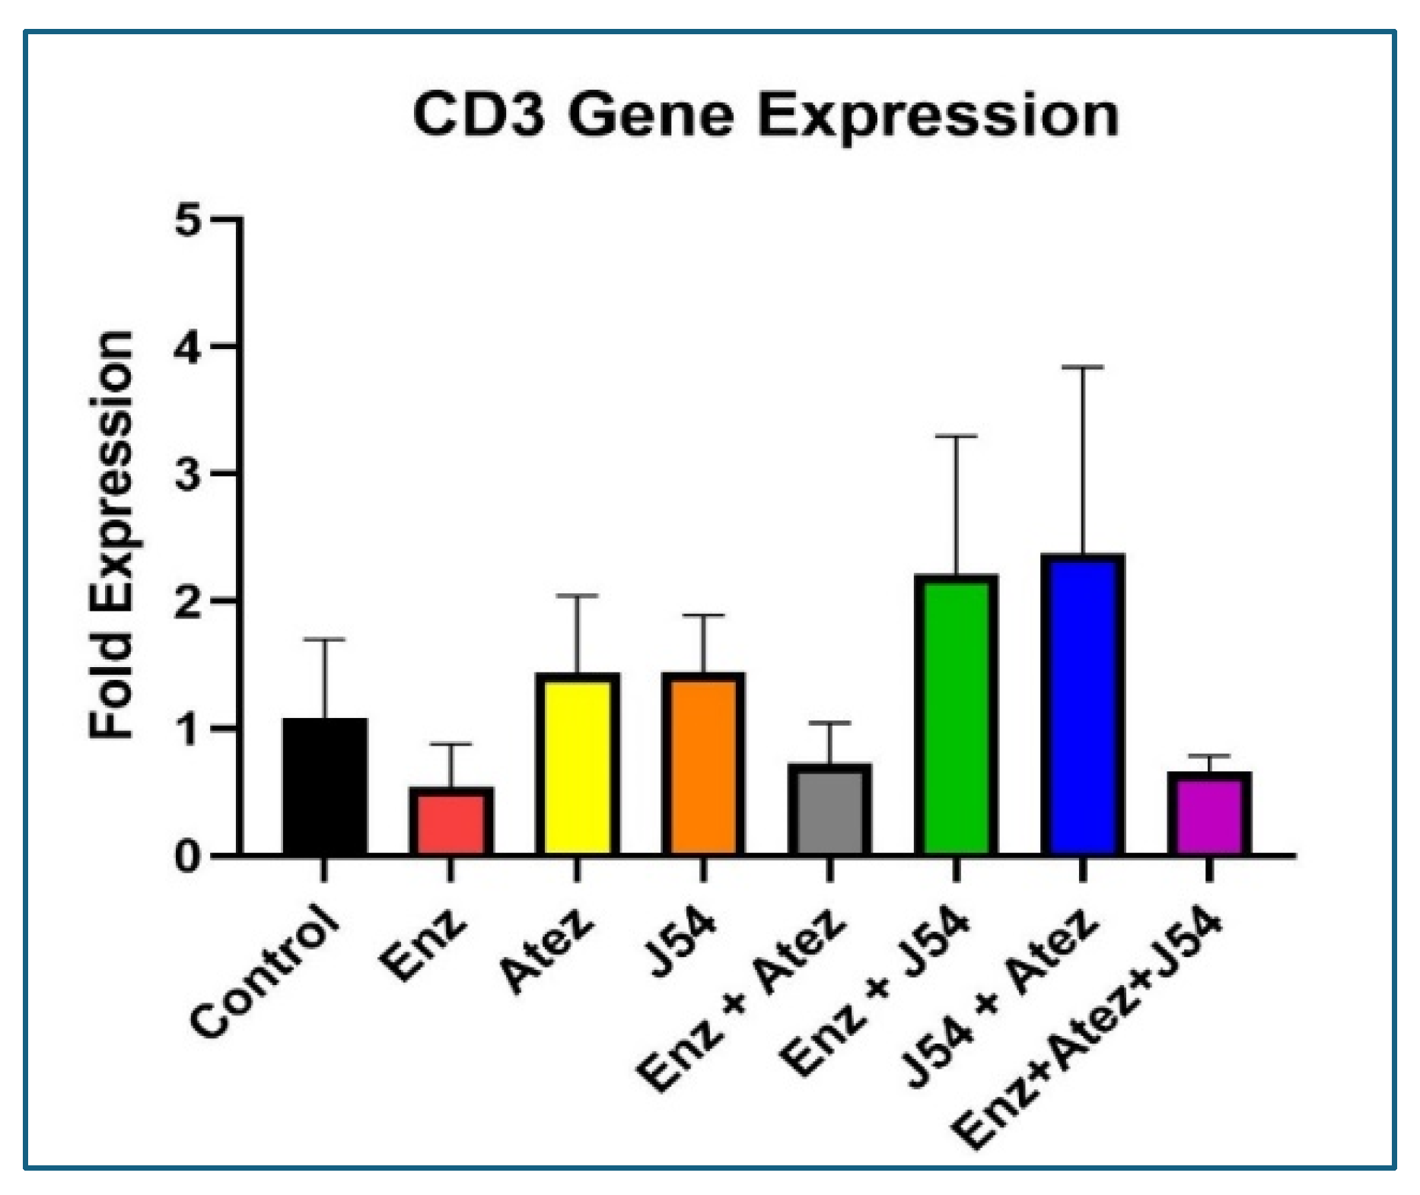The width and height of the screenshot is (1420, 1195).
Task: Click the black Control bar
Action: click(x=325, y=787)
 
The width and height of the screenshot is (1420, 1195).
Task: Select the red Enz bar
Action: click(x=451, y=822)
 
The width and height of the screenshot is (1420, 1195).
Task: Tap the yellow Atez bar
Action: click(x=578, y=764)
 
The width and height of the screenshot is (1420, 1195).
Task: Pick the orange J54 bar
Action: click(x=703, y=764)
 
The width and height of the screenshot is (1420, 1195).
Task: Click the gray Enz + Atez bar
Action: click(x=829, y=810)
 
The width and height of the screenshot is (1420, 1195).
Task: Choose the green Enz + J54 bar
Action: click(x=956, y=715)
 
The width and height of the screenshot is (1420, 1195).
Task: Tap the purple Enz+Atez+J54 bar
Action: click(x=1208, y=814)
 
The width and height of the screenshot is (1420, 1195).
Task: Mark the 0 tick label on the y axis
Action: click(x=187, y=857)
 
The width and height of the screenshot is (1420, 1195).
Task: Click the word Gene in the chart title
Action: click(x=651, y=116)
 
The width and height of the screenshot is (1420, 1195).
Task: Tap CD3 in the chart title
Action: click(x=479, y=116)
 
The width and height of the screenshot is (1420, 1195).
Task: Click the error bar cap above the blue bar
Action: click(x=1082, y=367)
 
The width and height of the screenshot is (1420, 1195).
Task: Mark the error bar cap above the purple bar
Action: click(x=1208, y=756)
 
